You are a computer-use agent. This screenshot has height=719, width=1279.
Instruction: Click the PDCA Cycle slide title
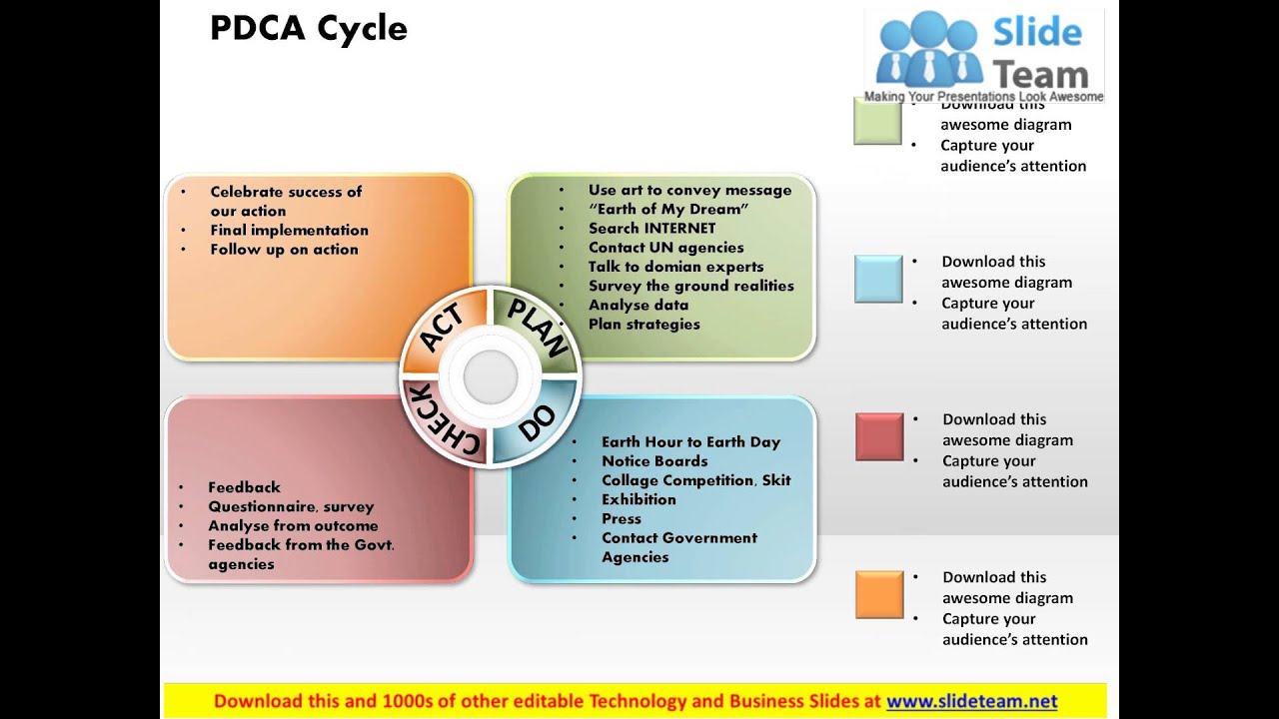click(x=309, y=29)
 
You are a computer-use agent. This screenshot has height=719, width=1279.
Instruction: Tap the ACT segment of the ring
click(x=443, y=329)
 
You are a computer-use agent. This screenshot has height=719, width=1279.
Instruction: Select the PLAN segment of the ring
click(x=538, y=327)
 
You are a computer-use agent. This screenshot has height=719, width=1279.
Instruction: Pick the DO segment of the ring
click(x=538, y=423)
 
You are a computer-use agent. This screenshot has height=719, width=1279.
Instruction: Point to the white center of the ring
click(x=491, y=376)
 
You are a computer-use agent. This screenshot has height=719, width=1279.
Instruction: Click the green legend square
click(x=877, y=121)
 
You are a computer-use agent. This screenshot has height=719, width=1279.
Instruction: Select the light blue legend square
click(x=878, y=279)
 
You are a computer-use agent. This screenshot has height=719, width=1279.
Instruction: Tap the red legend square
click(x=879, y=436)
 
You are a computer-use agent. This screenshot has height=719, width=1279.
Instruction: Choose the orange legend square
click(x=879, y=594)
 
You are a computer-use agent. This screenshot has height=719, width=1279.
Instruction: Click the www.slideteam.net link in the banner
click(x=971, y=701)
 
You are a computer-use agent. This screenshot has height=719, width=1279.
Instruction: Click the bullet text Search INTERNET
click(x=651, y=229)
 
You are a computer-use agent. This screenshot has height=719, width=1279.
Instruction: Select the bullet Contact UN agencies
click(x=665, y=248)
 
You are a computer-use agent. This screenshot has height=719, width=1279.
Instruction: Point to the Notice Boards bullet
click(x=654, y=461)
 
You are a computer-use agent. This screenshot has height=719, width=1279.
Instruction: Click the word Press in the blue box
click(x=622, y=518)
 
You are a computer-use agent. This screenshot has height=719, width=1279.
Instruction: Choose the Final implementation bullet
click(x=289, y=230)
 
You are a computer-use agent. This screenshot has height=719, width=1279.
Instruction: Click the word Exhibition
click(x=639, y=499)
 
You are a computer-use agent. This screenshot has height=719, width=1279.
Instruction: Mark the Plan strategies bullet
click(x=643, y=324)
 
